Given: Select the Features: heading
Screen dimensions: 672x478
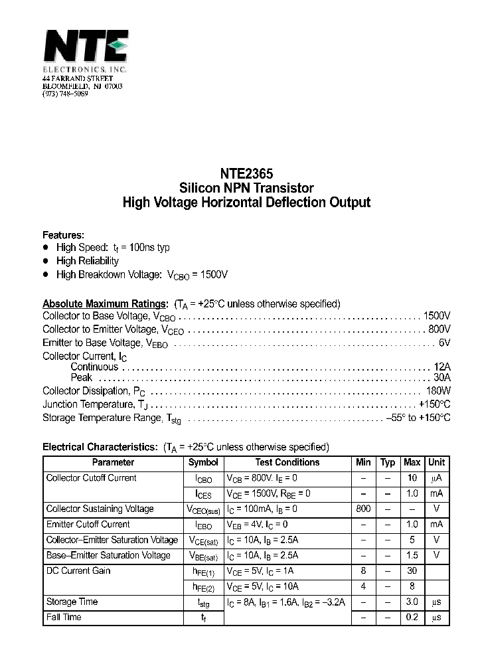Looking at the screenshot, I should [x=63, y=235].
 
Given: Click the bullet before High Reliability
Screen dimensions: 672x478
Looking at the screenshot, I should [x=46, y=261].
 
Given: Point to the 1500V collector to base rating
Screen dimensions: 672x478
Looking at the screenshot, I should [x=436, y=316].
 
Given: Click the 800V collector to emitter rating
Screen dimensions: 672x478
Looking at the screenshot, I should [x=439, y=329].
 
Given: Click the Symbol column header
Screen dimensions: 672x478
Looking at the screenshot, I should [x=203, y=463].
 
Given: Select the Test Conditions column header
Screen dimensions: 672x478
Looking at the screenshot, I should [x=287, y=463].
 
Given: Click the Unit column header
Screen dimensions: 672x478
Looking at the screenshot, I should [x=436, y=463].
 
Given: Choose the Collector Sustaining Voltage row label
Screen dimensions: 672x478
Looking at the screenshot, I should [x=100, y=509].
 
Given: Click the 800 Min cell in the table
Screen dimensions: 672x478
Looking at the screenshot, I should [x=363, y=509].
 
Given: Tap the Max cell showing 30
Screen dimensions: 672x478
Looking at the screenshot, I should [x=412, y=571].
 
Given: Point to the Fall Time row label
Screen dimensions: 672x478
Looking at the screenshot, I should [x=64, y=618].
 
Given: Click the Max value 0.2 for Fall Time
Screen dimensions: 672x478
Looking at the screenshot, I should [x=412, y=618].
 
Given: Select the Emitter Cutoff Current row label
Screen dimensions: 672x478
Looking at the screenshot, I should [x=87, y=525].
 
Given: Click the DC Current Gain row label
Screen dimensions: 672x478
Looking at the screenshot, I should [x=78, y=571].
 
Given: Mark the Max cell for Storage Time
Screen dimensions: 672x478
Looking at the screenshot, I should [x=412, y=602].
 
